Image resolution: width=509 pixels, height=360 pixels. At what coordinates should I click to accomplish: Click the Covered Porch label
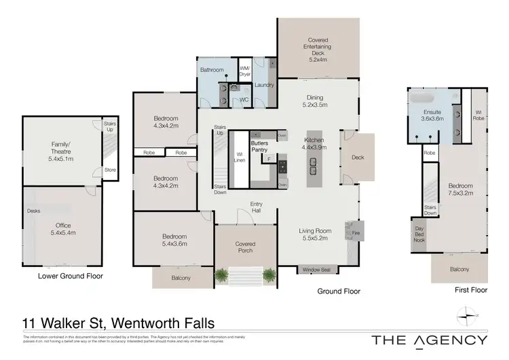pyautogui.click(x=245, y=247)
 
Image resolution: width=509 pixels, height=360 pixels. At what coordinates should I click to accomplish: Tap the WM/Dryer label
pyautogui.click(x=245, y=69)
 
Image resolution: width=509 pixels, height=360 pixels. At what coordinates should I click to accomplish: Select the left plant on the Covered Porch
pyautogui.click(x=221, y=275)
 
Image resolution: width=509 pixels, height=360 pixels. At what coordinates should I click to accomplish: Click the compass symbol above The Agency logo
pyautogui.click(x=466, y=314)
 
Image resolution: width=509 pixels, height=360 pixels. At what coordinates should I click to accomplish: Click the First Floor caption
pyautogui.click(x=470, y=290)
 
